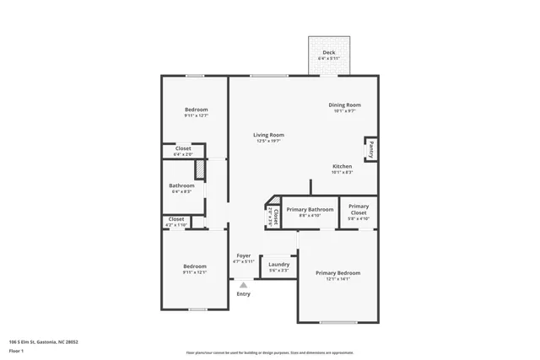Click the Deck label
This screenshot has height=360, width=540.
click(329, 52)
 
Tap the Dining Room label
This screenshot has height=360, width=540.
click(344, 105)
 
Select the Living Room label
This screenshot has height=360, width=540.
click(269, 135)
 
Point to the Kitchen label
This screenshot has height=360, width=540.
click(342, 166)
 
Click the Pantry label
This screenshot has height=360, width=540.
click(370, 149)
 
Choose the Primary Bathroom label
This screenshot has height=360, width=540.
click(310, 209)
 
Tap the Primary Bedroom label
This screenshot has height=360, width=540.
click(337, 273)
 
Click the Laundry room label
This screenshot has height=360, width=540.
click(278, 265)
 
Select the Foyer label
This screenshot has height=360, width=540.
click(243, 255)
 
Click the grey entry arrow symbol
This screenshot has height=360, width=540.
click(243, 285)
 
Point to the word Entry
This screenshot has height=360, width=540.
click(243, 294)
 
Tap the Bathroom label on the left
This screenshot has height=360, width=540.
click(181, 185)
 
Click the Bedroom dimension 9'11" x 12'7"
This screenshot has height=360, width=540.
click(196, 116)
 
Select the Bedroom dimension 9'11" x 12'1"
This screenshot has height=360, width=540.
click(195, 272)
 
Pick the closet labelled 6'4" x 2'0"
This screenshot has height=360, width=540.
click(183, 152)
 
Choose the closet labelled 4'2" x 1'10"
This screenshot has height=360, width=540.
click(175, 222)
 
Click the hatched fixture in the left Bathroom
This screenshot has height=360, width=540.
click(200, 169)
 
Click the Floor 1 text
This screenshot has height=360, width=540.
click(16, 350)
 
